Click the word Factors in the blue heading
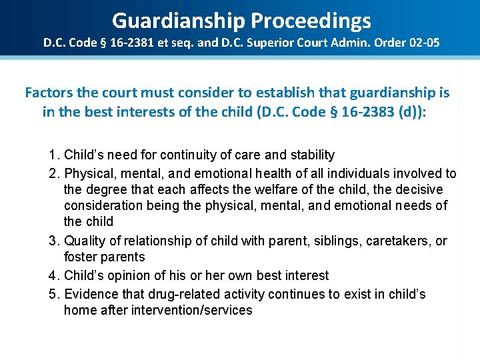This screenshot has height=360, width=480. pyautogui.click(x=49, y=93)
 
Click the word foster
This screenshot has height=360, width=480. pyautogui.click(x=80, y=257)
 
